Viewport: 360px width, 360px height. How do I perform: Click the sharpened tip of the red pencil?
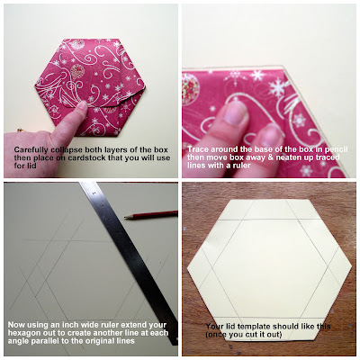point(125,217)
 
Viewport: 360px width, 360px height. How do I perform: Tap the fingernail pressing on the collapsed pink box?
point(82,105)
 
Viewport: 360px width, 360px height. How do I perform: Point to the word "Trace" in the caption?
point(198,149)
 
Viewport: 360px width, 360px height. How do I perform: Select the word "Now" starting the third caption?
point(15,325)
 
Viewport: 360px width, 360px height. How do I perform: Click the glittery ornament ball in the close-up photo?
point(190,89)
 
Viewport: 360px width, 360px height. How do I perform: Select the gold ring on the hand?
point(20,130)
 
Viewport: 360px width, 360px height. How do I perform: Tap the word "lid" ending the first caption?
point(31,166)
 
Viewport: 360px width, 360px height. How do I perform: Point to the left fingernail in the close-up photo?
point(237,113)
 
